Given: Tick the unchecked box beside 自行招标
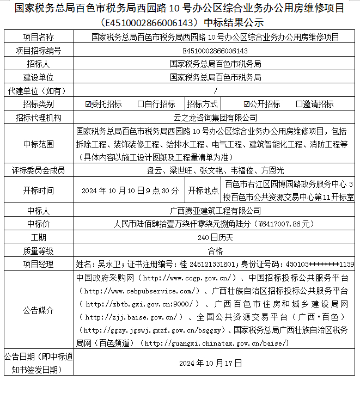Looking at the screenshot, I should tap(141, 104).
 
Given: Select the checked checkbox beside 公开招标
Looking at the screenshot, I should tap(247, 104).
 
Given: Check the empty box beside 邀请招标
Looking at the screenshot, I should tap(299, 104).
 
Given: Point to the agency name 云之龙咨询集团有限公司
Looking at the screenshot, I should tap(215, 118).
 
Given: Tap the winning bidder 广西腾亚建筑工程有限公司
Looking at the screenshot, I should tap(215, 210).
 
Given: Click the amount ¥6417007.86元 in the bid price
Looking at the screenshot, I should tap(285, 224).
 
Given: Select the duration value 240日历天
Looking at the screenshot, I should tap(215, 237).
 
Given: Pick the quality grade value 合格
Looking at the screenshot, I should tap(215, 251).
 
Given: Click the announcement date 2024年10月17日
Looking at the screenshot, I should tap(215, 363).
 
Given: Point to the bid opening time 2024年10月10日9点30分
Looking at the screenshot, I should tap(130, 191).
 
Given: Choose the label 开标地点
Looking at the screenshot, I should tap(203, 191).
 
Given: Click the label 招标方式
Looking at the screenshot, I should tap(203, 104).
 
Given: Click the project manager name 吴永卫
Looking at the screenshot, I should tap(108, 265).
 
